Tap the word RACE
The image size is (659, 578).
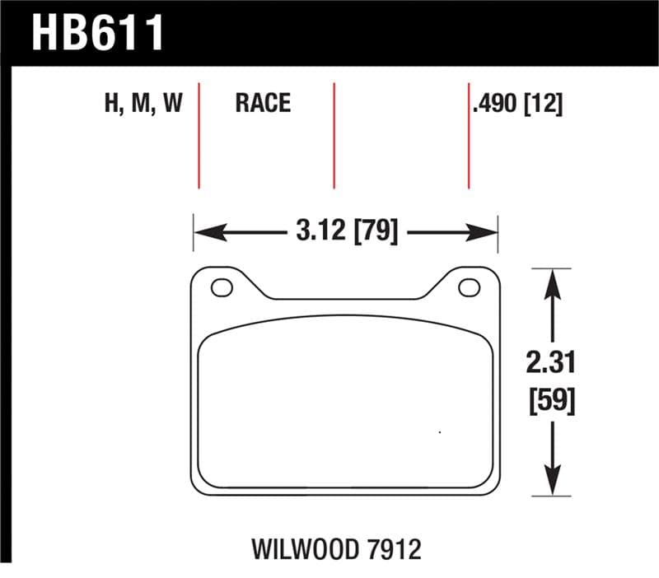263,103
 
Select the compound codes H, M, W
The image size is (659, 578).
142,103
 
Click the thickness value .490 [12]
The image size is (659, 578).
518,103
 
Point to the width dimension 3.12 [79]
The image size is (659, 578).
345,232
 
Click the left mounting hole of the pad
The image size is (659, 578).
222,288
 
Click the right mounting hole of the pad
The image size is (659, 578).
469,288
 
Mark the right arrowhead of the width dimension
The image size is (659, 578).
487,233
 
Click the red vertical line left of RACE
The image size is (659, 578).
199,136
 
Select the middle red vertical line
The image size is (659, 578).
334,136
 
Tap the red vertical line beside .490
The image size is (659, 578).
469,136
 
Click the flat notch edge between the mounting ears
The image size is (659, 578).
346,299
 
